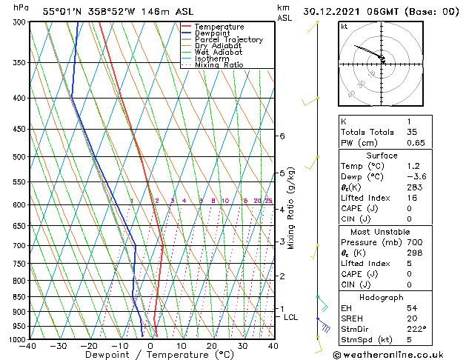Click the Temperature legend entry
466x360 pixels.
tap(219, 27)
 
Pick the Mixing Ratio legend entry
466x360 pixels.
tap(219, 65)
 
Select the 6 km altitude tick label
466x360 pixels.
tap(282, 136)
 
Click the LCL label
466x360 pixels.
tap(290, 317)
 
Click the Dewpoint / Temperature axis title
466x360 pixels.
tap(151, 355)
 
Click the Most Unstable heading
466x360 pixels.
tap(382, 232)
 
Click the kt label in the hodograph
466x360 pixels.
tap(344, 26)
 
